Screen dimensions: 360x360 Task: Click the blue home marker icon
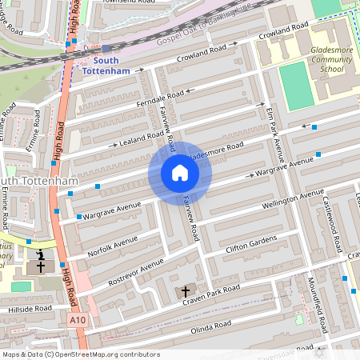(x=180, y=173)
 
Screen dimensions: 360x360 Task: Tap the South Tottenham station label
(x=110, y=65)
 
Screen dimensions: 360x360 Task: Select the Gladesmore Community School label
(x=319, y=59)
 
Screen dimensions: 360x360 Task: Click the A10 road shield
(x=77, y=319)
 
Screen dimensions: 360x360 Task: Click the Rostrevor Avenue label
(x=141, y=269)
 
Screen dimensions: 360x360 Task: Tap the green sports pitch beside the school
(x=297, y=86)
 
